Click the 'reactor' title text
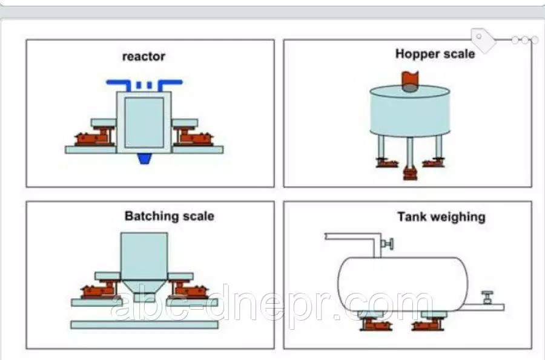(144, 57)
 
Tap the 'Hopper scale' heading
(435, 54)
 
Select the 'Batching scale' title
(169, 216)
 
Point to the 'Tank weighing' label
(441, 216)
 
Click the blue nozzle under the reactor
(144, 159)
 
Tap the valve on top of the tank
(388, 244)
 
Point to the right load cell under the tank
(429, 323)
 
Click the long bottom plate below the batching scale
(144, 325)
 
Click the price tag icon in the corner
(483, 40)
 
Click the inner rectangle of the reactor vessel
(144, 121)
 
